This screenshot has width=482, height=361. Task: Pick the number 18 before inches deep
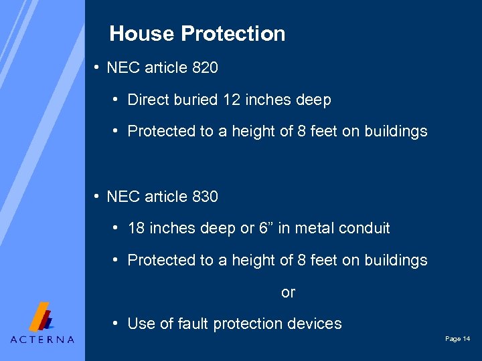click(x=136, y=228)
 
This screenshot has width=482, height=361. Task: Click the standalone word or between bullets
click(x=288, y=292)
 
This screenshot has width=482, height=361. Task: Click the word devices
click(x=315, y=324)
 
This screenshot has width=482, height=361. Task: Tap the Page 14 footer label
click(x=457, y=340)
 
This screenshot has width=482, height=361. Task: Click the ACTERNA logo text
click(x=42, y=339)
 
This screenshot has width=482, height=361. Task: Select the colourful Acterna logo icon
click(x=42, y=317)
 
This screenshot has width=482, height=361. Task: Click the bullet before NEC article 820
click(x=97, y=68)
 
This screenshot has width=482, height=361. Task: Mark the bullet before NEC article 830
click(x=97, y=197)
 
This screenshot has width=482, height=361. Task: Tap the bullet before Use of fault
click(x=116, y=324)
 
